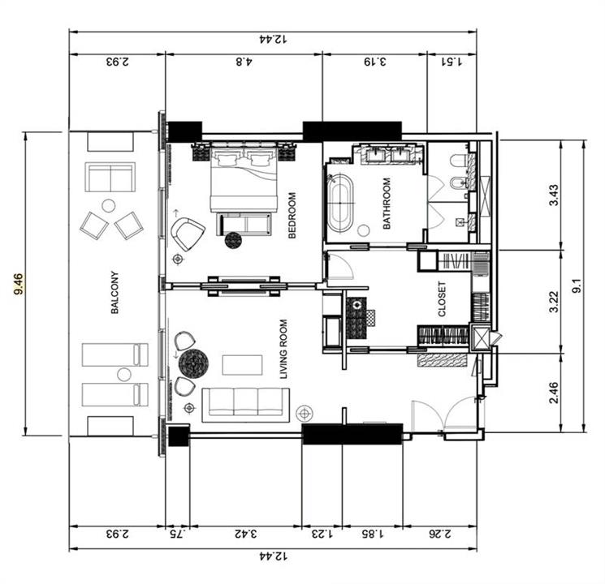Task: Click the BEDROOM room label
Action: click(292, 215)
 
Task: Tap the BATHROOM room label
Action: click(387, 203)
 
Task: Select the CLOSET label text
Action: click(442, 299)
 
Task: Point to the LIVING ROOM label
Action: click(283, 349)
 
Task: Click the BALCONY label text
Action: click(115, 293)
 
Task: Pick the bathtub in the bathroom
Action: click(340, 203)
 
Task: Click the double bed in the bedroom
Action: click(244, 177)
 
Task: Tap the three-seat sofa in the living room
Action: click(246, 405)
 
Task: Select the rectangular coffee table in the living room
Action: click(242, 365)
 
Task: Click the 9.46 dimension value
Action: click(18, 284)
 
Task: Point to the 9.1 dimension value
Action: click(577, 286)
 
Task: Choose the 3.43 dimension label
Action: click(554, 195)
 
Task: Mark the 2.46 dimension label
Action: click(554, 393)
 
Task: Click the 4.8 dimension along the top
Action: click(244, 62)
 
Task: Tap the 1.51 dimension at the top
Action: click(452, 62)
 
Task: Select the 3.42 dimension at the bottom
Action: click(246, 534)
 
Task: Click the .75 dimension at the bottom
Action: click(178, 534)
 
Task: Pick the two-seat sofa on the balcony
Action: click(110, 178)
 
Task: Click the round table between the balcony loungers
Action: click(124, 374)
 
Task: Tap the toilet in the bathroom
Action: click(459, 160)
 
